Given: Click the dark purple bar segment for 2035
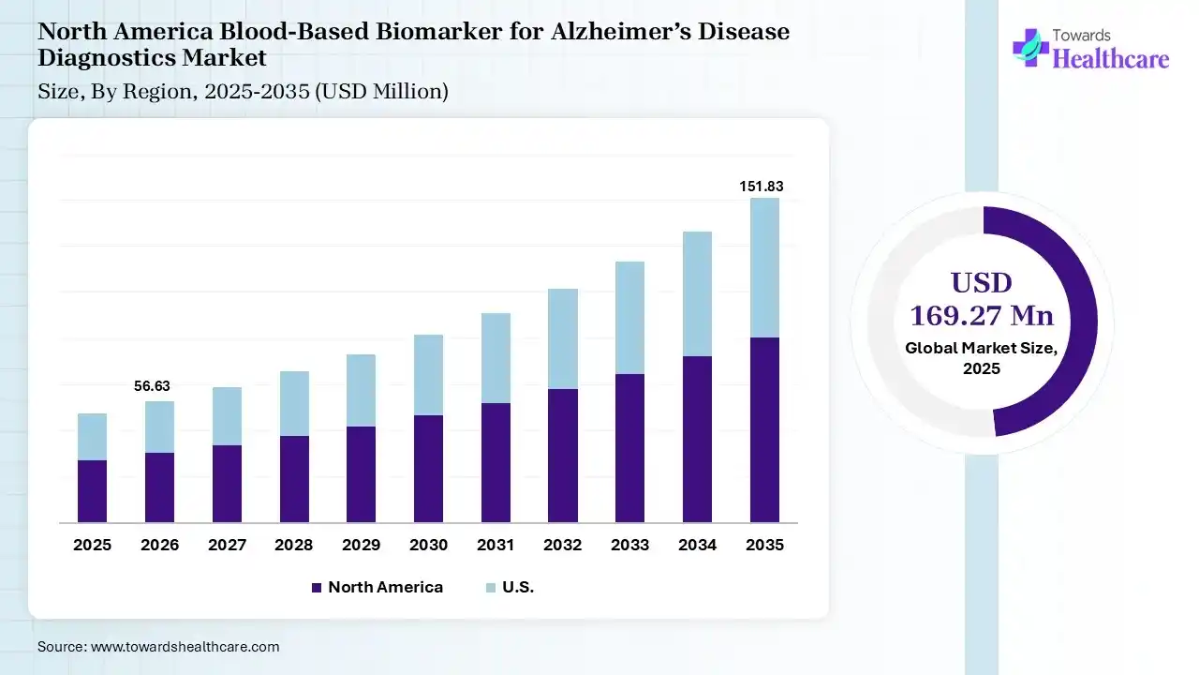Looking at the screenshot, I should coord(764,429).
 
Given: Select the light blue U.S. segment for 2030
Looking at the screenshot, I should coord(428,375).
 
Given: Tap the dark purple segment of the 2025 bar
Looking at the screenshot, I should coord(92,491).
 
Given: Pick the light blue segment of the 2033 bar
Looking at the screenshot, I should coord(629,318).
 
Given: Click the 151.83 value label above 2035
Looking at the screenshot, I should coord(762,187).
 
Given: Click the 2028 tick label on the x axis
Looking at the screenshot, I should coord(294,545).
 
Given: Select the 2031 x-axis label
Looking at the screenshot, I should coord(496,545).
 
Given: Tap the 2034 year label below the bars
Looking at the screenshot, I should coord(697,545).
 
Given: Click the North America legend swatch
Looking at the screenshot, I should coord(317,588).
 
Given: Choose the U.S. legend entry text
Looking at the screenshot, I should coord(518,588).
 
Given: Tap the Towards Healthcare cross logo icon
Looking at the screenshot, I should coord(1029,47).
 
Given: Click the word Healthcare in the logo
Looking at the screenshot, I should coord(1111,59).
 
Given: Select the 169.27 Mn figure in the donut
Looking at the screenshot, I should coord(982,315).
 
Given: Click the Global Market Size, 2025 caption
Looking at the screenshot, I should coord(982,358).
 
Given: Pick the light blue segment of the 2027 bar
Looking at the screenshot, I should coord(227,416).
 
